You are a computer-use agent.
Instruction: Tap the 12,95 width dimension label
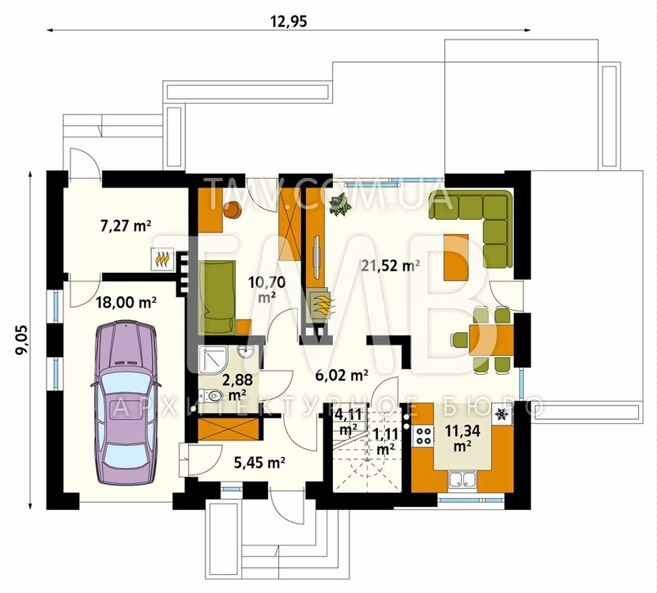point(289,21)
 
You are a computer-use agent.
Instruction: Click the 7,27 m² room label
point(125,226)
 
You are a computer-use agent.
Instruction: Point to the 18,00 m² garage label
point(126,302)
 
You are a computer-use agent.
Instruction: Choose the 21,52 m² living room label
point(390,266)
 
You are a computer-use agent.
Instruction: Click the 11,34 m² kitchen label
point(463,437)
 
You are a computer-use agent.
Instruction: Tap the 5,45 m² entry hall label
point(259,463)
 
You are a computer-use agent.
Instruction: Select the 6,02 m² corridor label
point(342,375)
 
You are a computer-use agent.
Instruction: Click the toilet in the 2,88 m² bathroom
point(210,395)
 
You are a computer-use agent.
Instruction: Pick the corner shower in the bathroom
point(213,359)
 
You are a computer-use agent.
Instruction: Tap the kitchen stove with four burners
point(423,436)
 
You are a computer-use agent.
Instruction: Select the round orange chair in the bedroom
point(232,209)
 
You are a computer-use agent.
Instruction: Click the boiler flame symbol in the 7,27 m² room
point(162,259)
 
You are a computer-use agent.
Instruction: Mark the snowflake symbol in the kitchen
point(500,415)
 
